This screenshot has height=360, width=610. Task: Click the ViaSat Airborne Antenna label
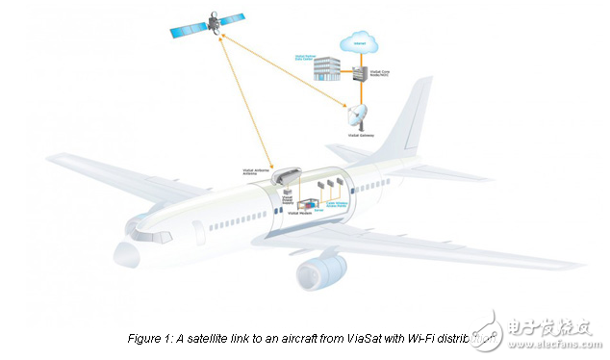(x=258, y=172)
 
